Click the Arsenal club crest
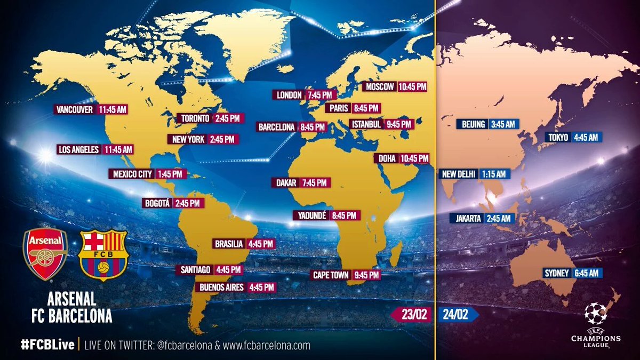(45, 254)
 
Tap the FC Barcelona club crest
(103, 255)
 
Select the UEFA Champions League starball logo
(595, 314)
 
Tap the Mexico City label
(132, 174)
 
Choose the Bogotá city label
(157, 203)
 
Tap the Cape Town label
(331, 275)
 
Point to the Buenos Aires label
(221, 287)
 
